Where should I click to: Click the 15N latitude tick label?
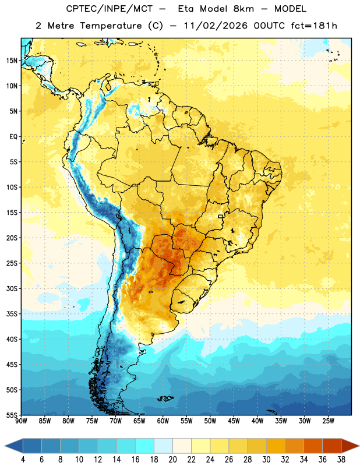point(12,61)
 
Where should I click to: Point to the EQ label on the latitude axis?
point(13,137)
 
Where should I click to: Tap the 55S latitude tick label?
point(12,415)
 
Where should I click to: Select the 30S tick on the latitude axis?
point(12,288)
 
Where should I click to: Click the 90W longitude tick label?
point(21,421)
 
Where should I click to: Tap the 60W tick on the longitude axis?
point(163,421)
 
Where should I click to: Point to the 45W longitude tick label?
point(234,421)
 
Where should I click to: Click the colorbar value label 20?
point(172,460)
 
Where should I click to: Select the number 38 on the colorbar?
point(341,460)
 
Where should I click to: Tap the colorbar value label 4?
point(23,460)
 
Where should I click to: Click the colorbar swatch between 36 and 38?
point(332,446)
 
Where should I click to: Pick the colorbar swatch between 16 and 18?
point(145,446)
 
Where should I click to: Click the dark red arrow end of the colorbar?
point(350,446)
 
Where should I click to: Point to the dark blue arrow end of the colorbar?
point(14,446)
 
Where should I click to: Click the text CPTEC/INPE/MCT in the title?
point(109,9)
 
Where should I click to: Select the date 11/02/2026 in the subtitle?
point(215,26)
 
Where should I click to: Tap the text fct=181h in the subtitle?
point(314,26)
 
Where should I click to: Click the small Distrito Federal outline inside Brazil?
point(221,216)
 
